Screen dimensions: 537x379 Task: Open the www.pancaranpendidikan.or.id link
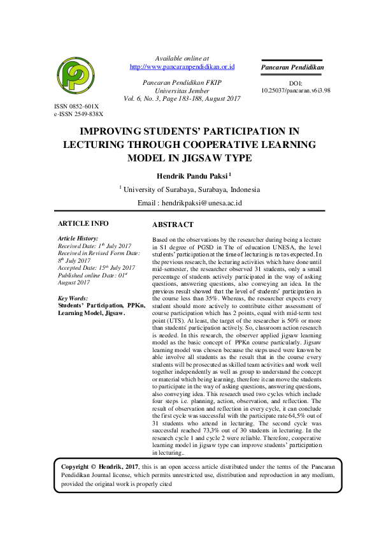182,66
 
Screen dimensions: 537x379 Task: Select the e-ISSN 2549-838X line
78,114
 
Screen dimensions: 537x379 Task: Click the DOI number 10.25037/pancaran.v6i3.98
296,91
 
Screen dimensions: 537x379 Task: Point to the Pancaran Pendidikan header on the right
293,67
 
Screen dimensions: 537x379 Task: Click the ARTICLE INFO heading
83,224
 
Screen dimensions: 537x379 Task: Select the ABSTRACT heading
173,225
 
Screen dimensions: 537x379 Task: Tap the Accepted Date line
96,268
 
